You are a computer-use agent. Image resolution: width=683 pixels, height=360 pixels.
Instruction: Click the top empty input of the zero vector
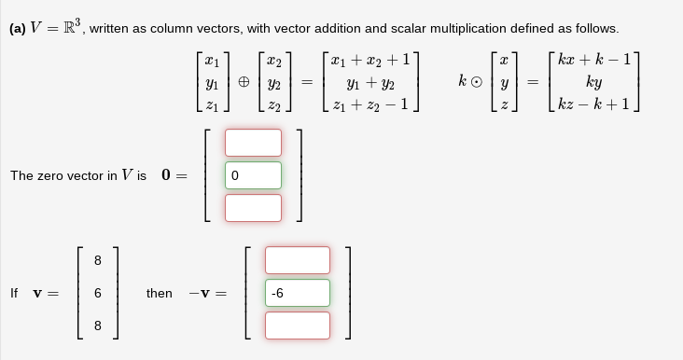pos(252,143)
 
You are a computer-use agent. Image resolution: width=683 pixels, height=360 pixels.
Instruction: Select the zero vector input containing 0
pos(252,175)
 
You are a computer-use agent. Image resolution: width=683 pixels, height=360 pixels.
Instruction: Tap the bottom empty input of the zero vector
pos(252,207)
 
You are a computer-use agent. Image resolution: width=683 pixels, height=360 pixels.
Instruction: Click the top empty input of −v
pos(297,260)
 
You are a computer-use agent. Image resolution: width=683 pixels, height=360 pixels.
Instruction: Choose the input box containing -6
pos(297,293)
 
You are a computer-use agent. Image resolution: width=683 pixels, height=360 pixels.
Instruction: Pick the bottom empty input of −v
pos(297,325)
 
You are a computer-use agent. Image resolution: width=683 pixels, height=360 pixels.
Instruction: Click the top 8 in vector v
pos(97,260)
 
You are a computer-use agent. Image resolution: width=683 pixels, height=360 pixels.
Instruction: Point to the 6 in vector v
pos(97,293)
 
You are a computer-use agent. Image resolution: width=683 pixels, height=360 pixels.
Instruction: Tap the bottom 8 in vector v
pos(97,325)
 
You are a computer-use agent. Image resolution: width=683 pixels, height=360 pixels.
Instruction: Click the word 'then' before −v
pos(160,293)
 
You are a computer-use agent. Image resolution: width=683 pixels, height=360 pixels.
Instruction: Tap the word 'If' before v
pos(14,293)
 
